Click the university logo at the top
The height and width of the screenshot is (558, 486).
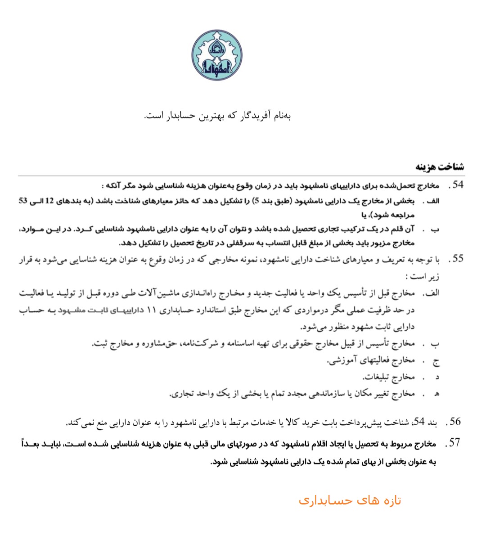[217, 55]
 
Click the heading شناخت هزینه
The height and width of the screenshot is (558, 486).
[440, 167]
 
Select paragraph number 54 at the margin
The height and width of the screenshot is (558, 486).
[458, 185]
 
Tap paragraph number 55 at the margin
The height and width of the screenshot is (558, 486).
[458, 259]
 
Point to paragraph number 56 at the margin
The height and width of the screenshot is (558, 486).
[455, 422]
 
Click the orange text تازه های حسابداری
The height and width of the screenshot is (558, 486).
[350, 500]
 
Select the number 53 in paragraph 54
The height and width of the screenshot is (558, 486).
[23, 201]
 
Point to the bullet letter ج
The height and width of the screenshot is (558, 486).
[436, 361]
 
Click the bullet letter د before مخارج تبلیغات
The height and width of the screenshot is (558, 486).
[436, 378]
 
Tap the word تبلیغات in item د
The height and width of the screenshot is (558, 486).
[376, 377]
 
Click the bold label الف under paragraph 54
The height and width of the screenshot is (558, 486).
[432, 201]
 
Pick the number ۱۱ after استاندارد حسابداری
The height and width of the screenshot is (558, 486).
[152, 310]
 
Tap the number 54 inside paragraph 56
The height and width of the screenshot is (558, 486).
[419, 422]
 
